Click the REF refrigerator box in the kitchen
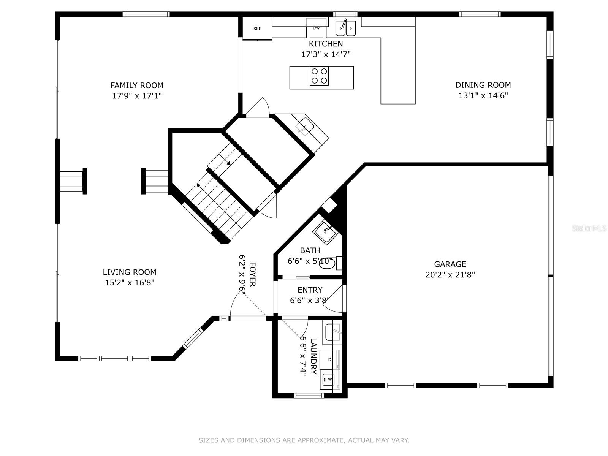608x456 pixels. [257, 28]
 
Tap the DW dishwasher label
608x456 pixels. [316, 28]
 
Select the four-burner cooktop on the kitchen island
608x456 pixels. [319, 76]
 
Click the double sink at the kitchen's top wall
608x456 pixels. [345, 28]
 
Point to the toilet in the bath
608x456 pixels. [327, 263]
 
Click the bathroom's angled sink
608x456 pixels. [325, 231]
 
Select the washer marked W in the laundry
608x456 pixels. [328, 379]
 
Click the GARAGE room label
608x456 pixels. [450, 264]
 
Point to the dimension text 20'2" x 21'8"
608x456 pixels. [450, 275]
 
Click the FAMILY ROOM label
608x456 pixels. [137, 85]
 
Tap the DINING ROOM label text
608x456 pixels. [483, 85]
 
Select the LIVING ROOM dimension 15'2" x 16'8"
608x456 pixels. [130, 283]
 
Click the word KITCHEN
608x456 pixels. [326, 44]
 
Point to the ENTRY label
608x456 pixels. [310, 290]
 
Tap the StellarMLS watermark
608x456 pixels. [589, 228]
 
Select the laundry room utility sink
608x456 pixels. [332, 332]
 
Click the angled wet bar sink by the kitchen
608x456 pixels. [305, 125]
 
